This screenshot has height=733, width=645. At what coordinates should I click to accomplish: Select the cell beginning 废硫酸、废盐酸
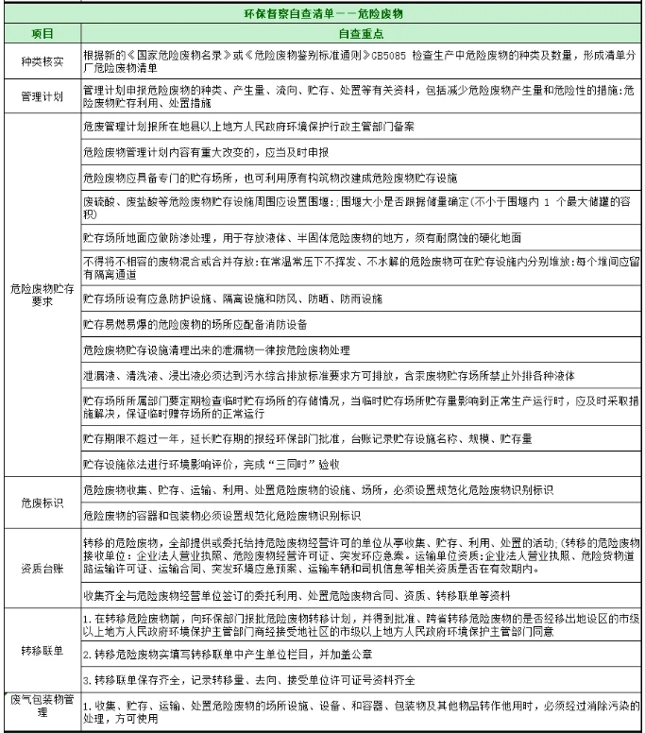359,210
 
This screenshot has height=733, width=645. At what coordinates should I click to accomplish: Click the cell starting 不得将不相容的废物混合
359,265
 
